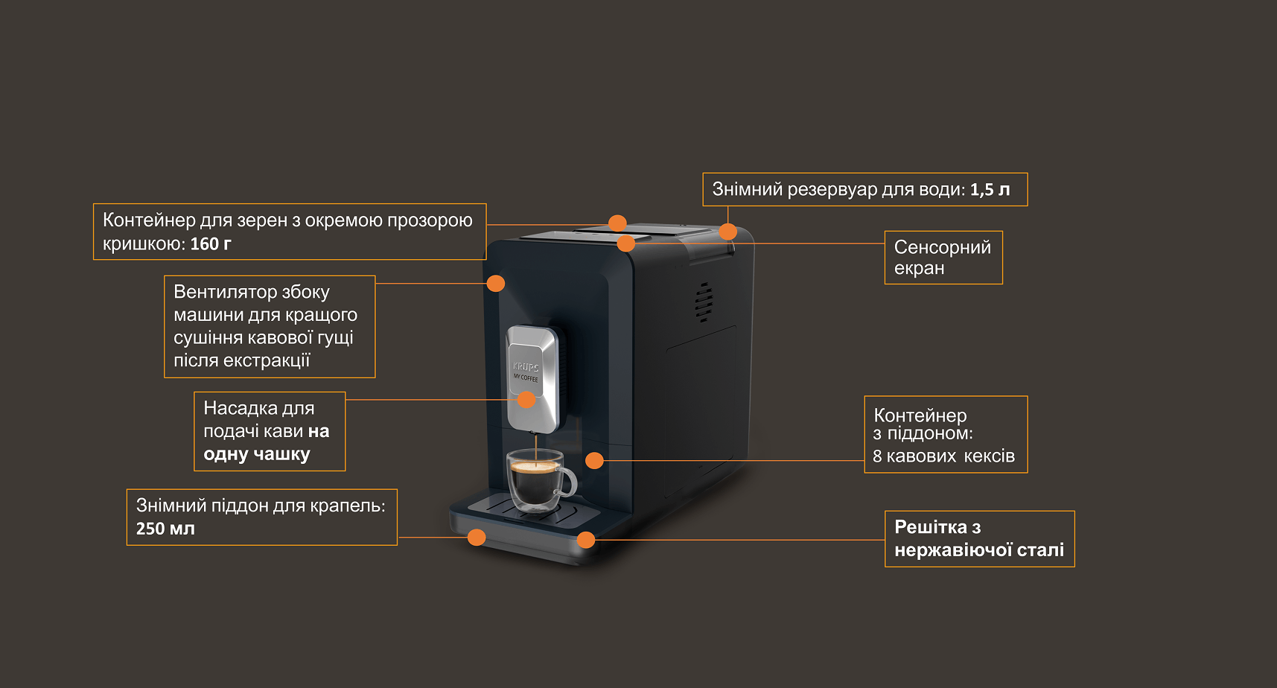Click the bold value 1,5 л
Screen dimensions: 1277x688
coord(990,190)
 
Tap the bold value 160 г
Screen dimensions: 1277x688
coord(211,243)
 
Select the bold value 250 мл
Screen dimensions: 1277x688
coord(165,529)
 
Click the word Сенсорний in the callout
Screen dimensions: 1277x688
coord(942,247)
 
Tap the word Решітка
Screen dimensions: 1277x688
coord(931,527)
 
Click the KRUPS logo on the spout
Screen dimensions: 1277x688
coord(526,367)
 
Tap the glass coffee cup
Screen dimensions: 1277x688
coord(538,480)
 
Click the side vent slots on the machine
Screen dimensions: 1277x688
coord(704,302)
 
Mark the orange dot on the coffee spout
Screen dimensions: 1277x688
coord(526,400)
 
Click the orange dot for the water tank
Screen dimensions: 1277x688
coord(727,232)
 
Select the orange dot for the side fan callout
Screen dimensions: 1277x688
coord(496,284)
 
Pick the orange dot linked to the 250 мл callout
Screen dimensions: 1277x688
coord(477,537)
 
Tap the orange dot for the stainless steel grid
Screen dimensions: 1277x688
coord(586,540)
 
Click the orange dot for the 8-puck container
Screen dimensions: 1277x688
coord(594,460)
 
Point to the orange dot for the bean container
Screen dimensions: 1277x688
coord(617,223)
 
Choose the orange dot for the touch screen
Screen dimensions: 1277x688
coord(626,243)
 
